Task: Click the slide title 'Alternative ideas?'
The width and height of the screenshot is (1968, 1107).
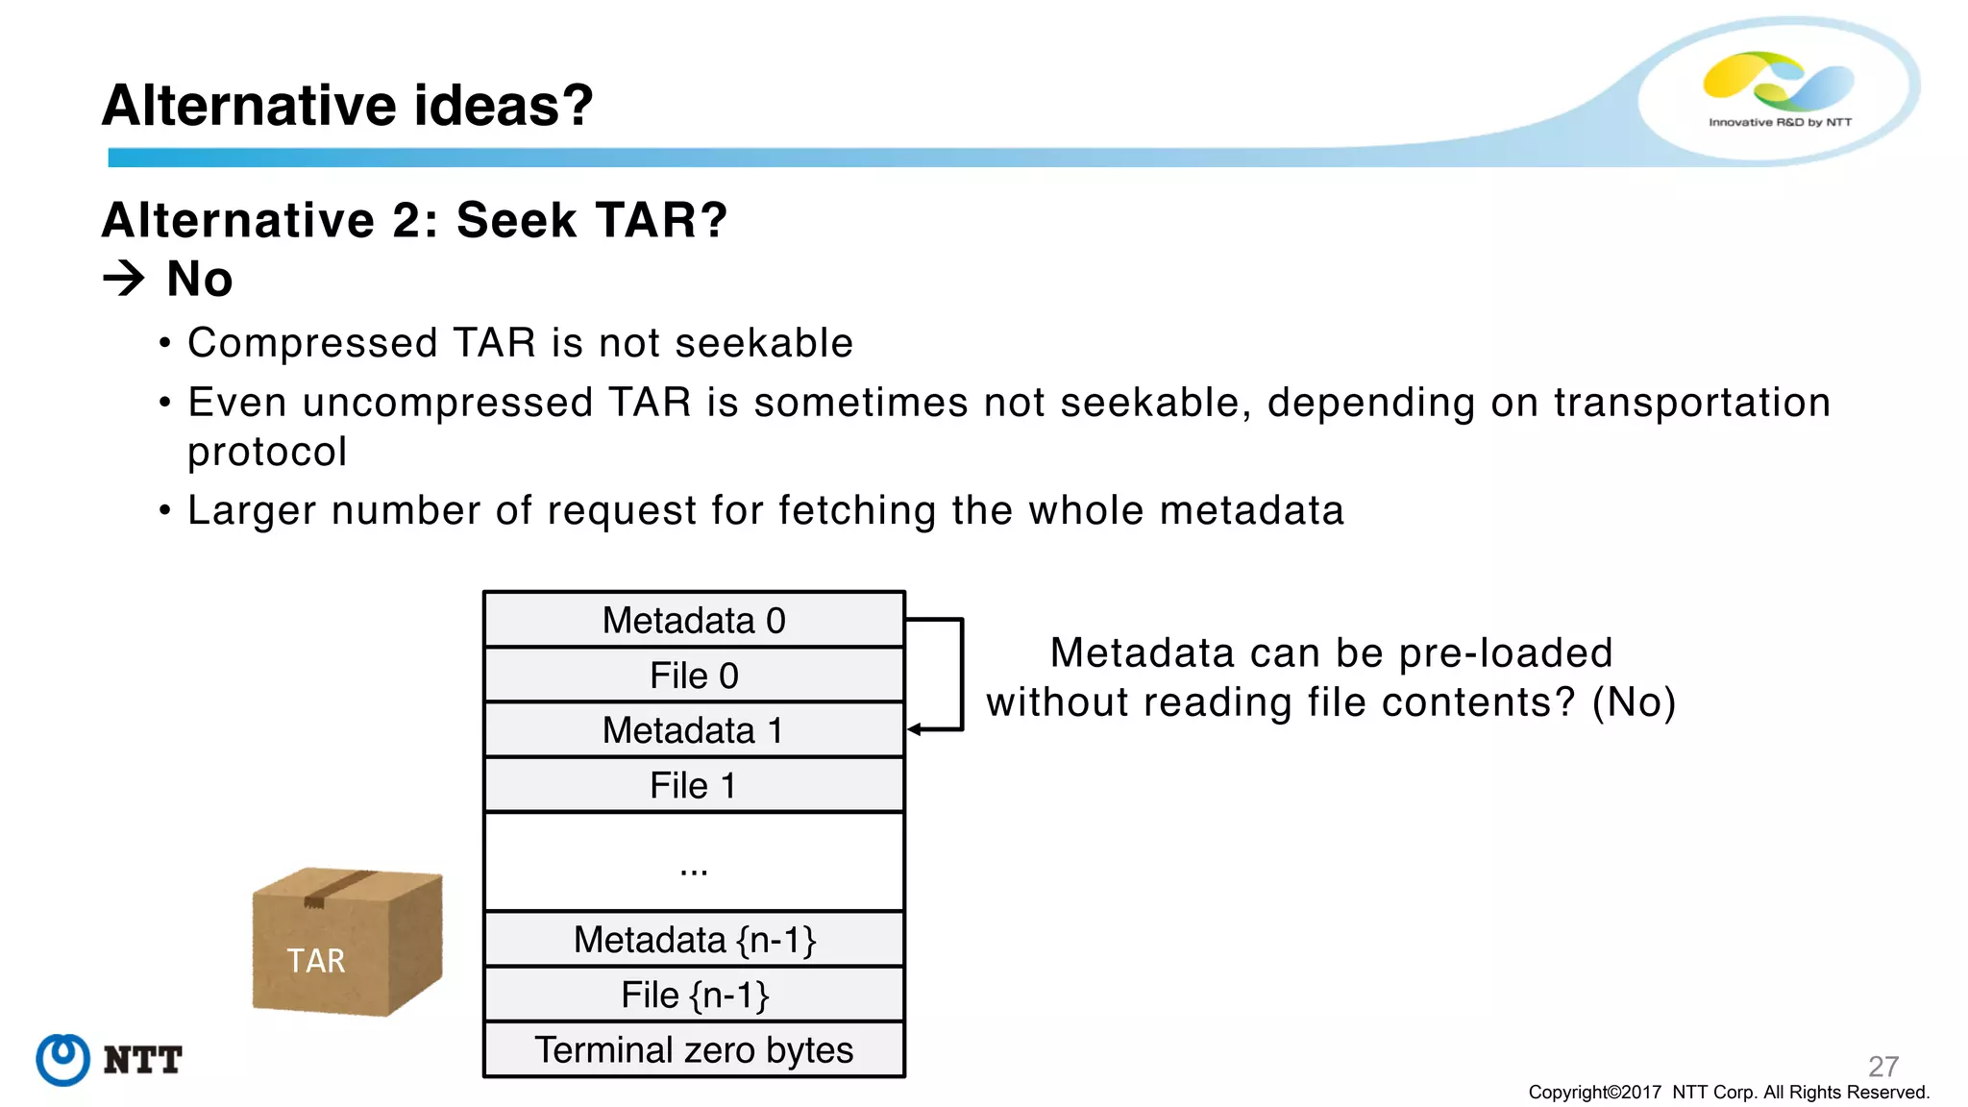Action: [x=347, y=105]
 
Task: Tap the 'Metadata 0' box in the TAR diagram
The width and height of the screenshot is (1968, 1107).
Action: [x=694, y=621]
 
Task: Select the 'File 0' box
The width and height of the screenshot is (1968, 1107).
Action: [x=694, y=676]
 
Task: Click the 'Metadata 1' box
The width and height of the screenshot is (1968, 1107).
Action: [x=694, y=730]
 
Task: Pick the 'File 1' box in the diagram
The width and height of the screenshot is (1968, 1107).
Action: [x=694, y=785]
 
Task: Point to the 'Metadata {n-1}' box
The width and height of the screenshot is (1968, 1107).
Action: [x=694, y=940]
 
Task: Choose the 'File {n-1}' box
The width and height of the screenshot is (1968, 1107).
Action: [x=694, y=995]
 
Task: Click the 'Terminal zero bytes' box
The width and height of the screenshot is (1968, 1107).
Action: [x=694, y=1050]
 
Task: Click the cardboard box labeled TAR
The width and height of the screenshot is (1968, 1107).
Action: [x=346, y=942]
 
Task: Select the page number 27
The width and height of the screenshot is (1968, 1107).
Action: [x=1882, y=1066]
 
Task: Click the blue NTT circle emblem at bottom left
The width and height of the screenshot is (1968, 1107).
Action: [x=63, y=1059]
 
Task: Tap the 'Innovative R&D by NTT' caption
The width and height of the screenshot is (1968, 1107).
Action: [x=1780, y=122]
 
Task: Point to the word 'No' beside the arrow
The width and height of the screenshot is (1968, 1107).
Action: [x=200, y=280]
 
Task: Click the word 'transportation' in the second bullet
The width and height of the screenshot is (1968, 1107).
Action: [x=1691, y=403]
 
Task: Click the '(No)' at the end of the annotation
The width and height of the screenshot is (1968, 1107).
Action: [x=1634, y=702]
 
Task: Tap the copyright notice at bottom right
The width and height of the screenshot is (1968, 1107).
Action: [x=1728, y=1093]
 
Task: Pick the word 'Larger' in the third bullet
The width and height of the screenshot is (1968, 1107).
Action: [x=252, y=510]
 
